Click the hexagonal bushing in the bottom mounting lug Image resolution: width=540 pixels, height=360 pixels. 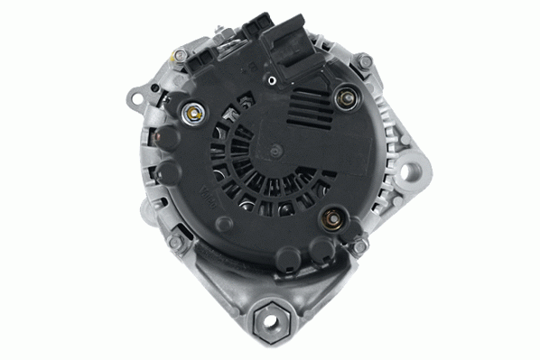click(x=270, y=316)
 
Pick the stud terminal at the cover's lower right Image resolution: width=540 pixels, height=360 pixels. click(x=331, y=217)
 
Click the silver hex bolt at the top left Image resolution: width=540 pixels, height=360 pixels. click(x=181, y=56)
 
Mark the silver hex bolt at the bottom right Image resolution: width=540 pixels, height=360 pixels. click(x=359, y=245)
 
